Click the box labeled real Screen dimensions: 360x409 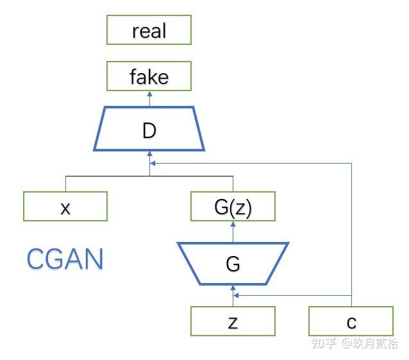click(x=149, y=30)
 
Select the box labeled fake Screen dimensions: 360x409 click(x=149, y=77)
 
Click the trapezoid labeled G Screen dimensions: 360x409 click(x=233, y=264)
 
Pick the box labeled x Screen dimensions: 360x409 click(x=65, y=207)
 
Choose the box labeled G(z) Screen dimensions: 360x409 click(x=233, y=207)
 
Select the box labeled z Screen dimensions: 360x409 click(x=233, y=321)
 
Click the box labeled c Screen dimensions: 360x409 click(x=351, y=321)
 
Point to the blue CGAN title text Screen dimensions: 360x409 click(x=65, y=259)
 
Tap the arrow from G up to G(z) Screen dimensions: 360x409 click(x=233, y=232)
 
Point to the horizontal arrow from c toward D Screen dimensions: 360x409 click(x=256, y=163)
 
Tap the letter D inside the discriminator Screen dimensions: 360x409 click(x=149, y=130)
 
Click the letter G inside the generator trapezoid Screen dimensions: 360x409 click(x=233, y=264)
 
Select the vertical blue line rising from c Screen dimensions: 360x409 click(x=351, y=231)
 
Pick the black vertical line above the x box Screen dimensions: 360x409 click(x=65, y=183)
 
